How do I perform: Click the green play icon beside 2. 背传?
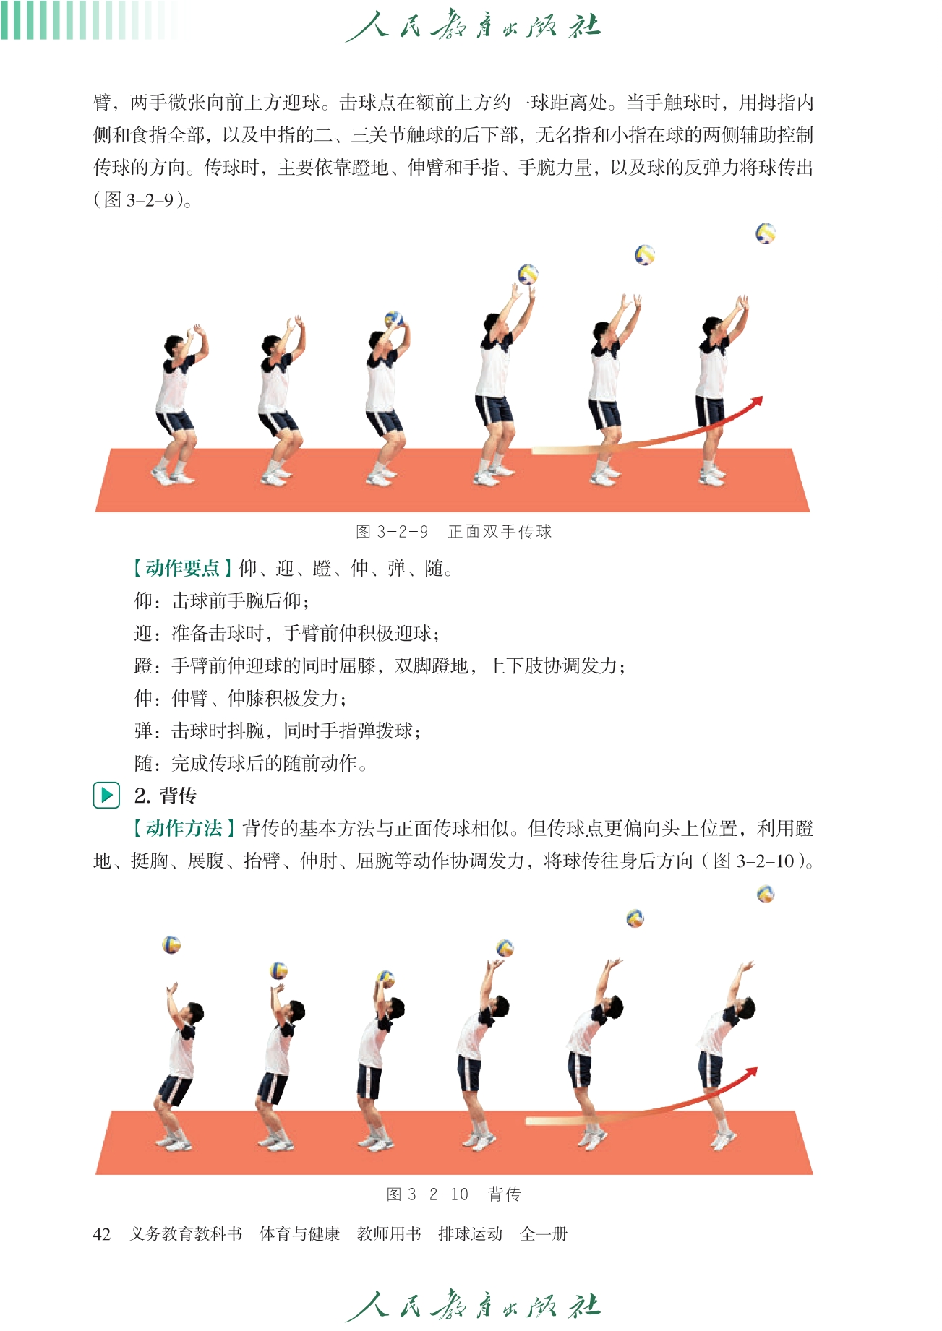pyautogui.click(x=106, y=796)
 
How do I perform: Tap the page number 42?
pyautogui.click(x=102, y=1234)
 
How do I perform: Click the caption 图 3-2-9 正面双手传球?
pyautogui.click(x=454, y=532)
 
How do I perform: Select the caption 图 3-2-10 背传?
pyautogui.click(x=453, y=1194)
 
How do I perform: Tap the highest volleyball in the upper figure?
pyautogui.click(x=766, y=233)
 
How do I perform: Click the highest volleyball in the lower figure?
pyautogui.click(x=766, y=895)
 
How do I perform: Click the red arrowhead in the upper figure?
pyautogui.click(x=756, y=402)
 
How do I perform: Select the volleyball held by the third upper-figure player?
pyautogui.click(x=394, y=319)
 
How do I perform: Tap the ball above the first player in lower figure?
pyautogui.click(x=171, y=944)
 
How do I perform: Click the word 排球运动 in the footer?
pyautogui.click(x=471, y=1234)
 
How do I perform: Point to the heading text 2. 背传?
pyautogui.click(x=166, y=796)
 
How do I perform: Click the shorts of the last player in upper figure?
pyautogui.click(x=710, y=410)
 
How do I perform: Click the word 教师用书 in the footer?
pyautogui.click(x=389, y=1234)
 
